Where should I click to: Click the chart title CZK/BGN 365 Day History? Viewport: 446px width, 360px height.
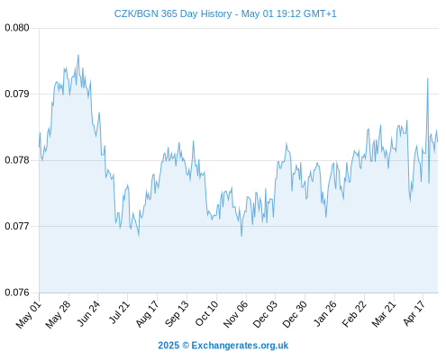tap(173, 13)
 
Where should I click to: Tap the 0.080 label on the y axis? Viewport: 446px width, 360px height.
tap(17, 28)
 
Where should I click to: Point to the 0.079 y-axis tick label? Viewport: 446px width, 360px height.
tap(17, 94)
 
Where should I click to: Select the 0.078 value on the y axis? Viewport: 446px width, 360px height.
tap(17, 160)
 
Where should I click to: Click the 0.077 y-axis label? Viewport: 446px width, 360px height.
tap(17, 226)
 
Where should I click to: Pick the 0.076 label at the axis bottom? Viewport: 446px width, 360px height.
tap(17, 292)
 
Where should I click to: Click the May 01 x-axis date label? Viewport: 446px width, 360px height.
tap(29, 314)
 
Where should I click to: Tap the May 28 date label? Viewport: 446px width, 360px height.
tap(58, 314)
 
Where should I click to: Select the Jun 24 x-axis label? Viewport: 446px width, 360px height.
tap(88, 313)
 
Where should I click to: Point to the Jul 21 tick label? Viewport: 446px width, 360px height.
tap(119, 312)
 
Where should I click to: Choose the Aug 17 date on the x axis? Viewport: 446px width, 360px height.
tap(147, 314)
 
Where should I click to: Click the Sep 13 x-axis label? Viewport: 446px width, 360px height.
tap(177, 313)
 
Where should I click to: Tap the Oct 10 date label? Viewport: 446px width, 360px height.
tap(206, 313)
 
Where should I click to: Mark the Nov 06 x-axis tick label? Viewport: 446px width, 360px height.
tap(236, 314)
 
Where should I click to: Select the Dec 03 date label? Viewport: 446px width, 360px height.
tap(265, 314)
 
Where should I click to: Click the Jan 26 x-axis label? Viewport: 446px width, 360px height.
tap(324, 313)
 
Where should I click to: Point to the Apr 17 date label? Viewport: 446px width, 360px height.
tap(414, 313)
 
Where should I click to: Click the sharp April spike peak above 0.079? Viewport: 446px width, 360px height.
tap(428, 78)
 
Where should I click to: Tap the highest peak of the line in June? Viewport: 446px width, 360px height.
tap(78, 55)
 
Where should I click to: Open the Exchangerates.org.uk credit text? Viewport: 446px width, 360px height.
tap(240, 346)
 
